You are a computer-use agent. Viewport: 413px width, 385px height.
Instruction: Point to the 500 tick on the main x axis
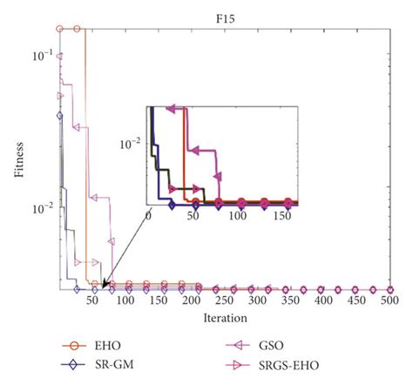pyautogui.click(x=389, y=301)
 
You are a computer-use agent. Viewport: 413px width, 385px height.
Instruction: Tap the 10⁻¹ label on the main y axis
pyautogui.click(x=42, y=57)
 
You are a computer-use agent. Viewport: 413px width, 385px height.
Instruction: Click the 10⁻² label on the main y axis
pyautogui.click(x=42, y=208)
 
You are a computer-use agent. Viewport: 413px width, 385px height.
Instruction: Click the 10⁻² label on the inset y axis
pyautogui.click(x=133, y=145)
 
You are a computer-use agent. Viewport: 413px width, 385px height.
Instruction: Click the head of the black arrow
pyautogui.click(x=103, y=284)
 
